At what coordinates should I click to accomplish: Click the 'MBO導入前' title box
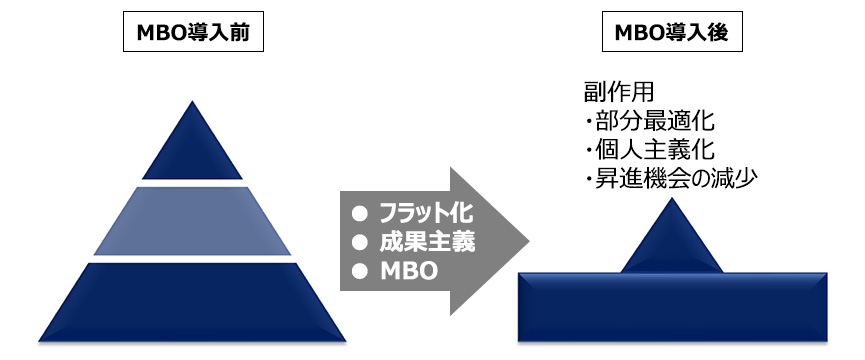(193, 34)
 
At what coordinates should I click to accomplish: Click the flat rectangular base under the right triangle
(672, 308)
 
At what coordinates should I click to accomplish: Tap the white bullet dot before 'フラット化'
(360, 213)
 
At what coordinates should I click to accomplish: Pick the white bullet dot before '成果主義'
(360, 242)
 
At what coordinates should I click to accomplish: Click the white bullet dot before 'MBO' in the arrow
(360, 271)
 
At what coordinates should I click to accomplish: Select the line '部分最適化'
(654, 122)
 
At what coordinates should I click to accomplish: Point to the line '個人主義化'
(654, 151)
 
